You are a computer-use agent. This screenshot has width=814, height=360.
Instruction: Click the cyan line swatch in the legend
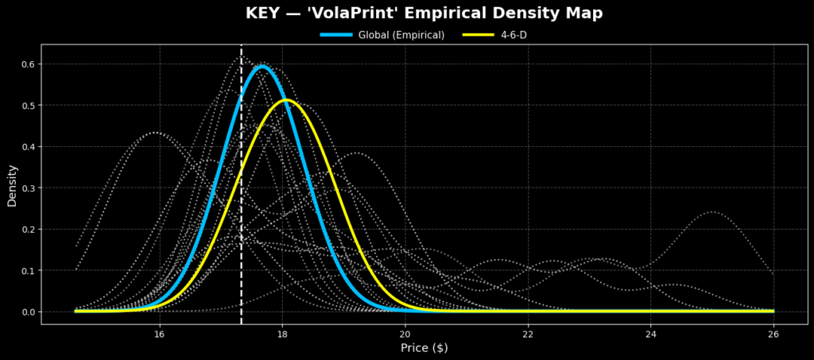click(x=338, y=35)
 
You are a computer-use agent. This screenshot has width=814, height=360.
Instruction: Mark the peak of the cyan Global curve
click(x=262, y=67)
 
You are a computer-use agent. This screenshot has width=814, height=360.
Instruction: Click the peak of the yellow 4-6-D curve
click(x=286, y=100)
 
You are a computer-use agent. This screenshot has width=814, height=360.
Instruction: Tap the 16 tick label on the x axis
click(x=160, y=334)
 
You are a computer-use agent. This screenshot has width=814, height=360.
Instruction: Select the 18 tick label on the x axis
click(x=283, y=334)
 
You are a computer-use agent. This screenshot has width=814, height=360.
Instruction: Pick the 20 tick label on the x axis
click(x=405, y=334)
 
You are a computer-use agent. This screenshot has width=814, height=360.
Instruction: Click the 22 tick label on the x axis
click(x=529, y=334)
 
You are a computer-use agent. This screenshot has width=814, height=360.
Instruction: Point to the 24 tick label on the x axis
click(x=651, y=334)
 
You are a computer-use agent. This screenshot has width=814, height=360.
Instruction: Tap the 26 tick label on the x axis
click(x=773, y=334)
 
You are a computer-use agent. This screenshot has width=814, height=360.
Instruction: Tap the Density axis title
click(x=12, y=185)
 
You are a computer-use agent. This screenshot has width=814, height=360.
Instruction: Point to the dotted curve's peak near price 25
click(x=711, y=212)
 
